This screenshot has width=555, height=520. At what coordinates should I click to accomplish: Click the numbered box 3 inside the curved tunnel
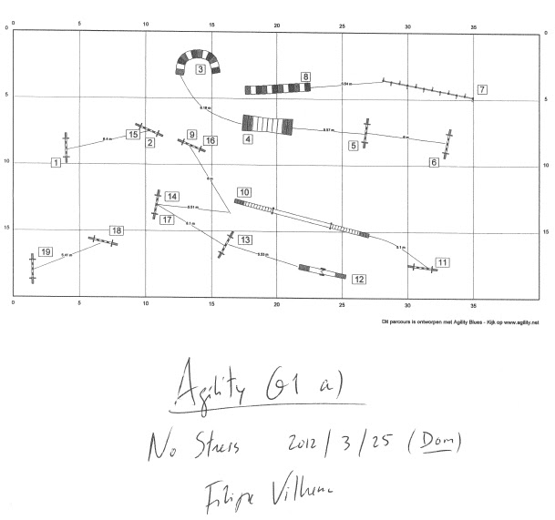click(x=200, y=69)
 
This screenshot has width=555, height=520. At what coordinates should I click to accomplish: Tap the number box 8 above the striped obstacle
click(x=305, y=76)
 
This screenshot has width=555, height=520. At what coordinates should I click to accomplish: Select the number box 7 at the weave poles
click(x=481, y=89)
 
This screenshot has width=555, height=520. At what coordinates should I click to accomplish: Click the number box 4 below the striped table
click(x=247, y=139)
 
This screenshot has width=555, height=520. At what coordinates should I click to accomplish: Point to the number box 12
click(x=359, y=280)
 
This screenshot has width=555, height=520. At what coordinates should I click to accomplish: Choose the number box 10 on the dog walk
click(x=243, y=192)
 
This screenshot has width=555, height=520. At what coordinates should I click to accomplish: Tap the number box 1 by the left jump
click(x=56, y=162)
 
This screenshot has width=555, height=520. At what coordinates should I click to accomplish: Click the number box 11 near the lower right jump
click(x=441, y=262)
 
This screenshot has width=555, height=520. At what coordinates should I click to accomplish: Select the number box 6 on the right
click(x=434, y=162)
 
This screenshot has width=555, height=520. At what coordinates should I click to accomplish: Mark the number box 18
click(x=116, y=230)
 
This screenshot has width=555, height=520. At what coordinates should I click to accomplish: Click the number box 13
click(x=246, y=239)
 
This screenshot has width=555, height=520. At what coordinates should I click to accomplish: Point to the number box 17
click(x=167, y=219)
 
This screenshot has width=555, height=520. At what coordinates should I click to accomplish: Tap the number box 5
click(x=354, y=145)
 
